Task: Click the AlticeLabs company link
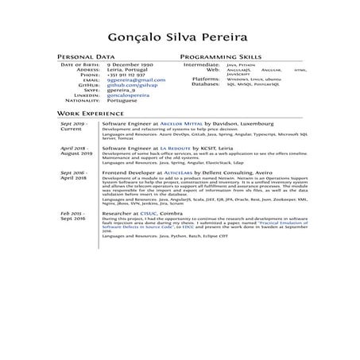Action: (x=184, y=172)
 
